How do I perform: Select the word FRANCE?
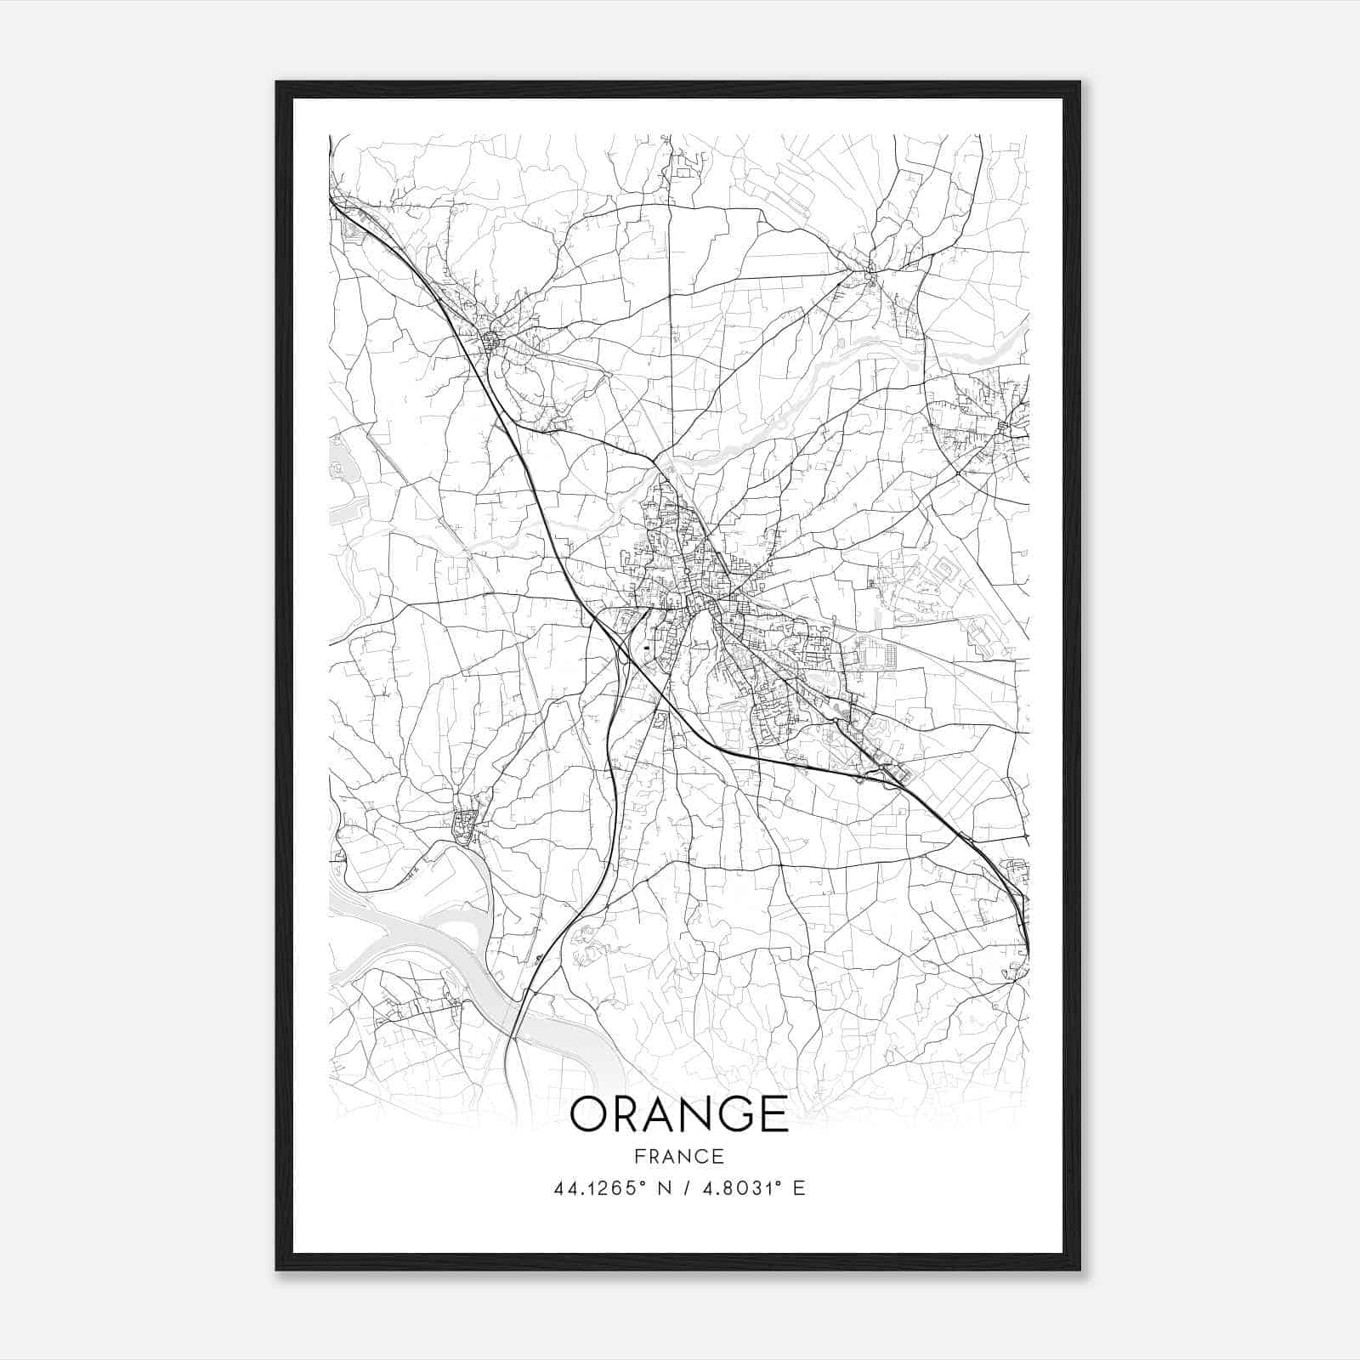[679, 1156]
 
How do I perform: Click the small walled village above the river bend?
[465, 824]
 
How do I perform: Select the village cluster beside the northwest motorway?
[491, 342]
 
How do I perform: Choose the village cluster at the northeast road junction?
[869, 274]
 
